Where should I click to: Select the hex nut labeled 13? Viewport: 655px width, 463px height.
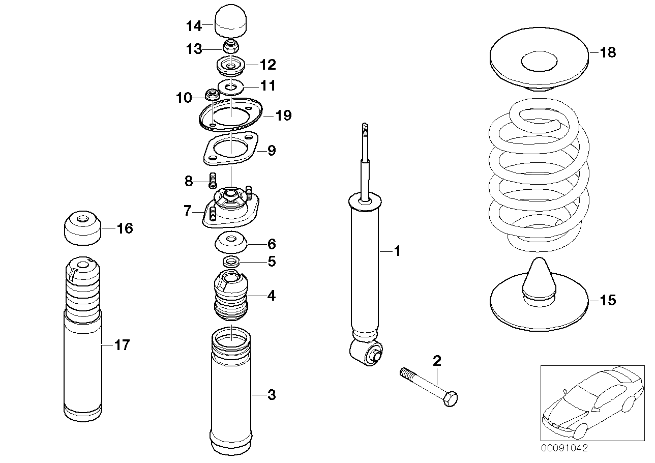[231, 48]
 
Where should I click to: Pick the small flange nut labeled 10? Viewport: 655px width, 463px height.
[212, 95]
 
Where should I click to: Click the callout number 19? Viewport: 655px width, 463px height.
[283, 116]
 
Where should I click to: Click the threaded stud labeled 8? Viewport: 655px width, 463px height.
[213, 179]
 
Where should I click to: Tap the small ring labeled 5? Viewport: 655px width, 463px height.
[231, 262]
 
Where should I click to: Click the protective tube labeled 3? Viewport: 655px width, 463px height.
[231, 392]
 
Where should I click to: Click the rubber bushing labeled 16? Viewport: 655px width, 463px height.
[81, 228]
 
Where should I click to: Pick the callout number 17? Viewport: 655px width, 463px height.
[122, 345]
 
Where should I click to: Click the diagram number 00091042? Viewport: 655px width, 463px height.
[564, 448]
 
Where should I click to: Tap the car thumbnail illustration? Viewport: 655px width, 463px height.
[590, 402]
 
